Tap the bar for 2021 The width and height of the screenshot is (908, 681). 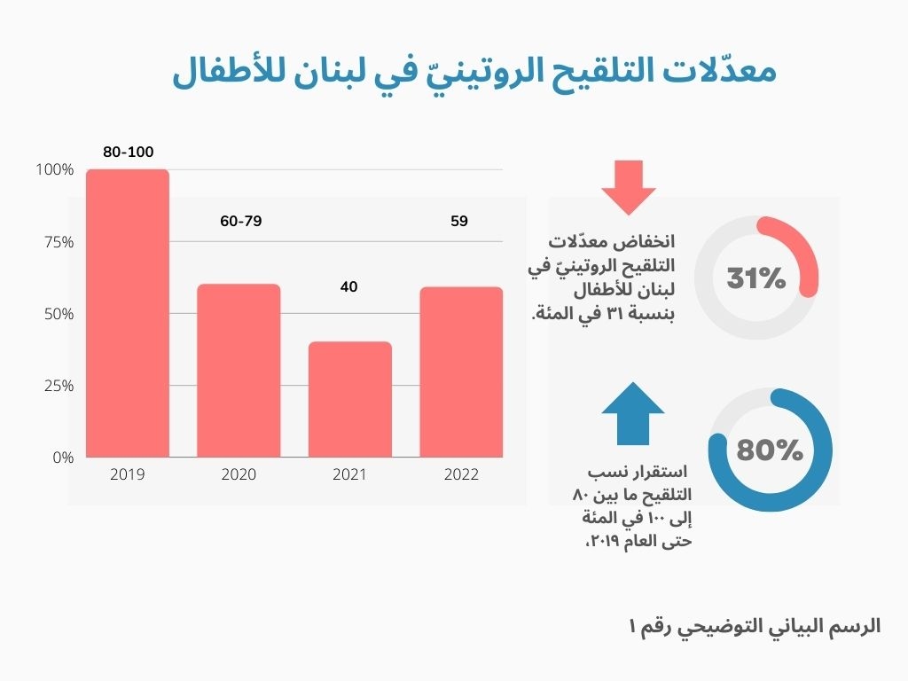click(x=349, y=399)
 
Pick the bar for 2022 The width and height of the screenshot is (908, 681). click(x=460, y=372)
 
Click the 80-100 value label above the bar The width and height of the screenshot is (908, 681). click(x=128, y=153)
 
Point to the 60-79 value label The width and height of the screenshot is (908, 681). click(x=241, y=221)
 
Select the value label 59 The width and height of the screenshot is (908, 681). click(x=458, y=221)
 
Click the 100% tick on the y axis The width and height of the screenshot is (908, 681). click(x=55, y=169)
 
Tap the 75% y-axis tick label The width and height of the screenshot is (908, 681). click(x=58, y=242)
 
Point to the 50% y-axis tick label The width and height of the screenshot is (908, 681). click(x=58, y=314)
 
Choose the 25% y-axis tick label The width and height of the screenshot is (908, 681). click(x=58, y=386)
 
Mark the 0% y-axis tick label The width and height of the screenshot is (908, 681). click(x=62, y=458)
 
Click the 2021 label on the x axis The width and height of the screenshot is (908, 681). click(x=349, y=474)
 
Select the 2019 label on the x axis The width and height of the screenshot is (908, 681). click(x=128, y=474)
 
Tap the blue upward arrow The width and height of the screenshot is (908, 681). click(x=632, y=412)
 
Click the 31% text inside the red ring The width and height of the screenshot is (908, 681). click(x=756, y=278)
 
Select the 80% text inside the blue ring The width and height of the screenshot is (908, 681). click(x=770, y=450)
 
